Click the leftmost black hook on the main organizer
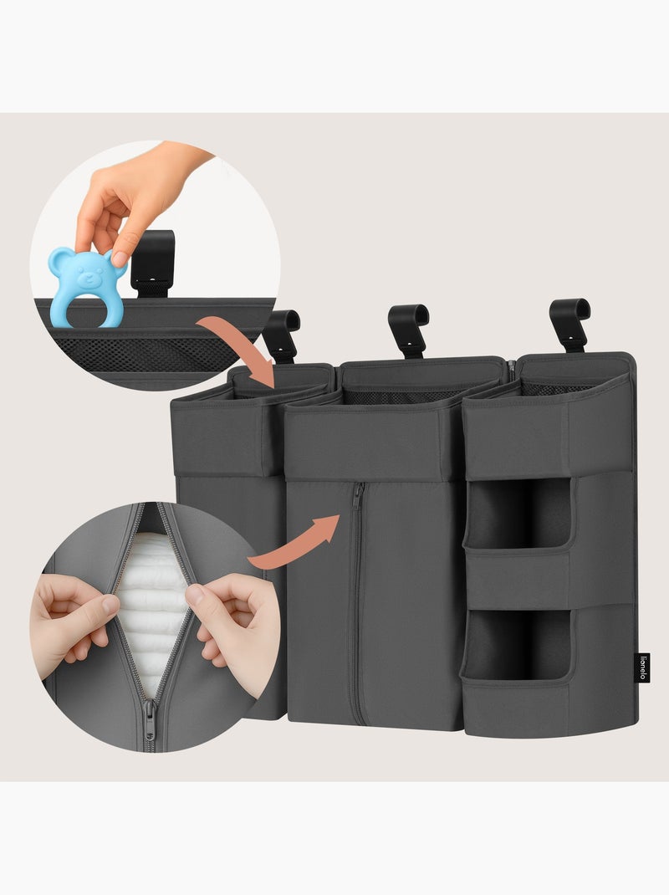pyautogui.click(x=282, y=334)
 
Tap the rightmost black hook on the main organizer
pyautogui.click(x=570, y=322)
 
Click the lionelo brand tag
pyautogui.click(x=643, y=667)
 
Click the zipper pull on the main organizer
pyautogui.click(x=357, y=499)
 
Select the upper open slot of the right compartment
pyautogui.click(x=518, y=511)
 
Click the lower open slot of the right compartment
pyautogui.click(x=518, y=644)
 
